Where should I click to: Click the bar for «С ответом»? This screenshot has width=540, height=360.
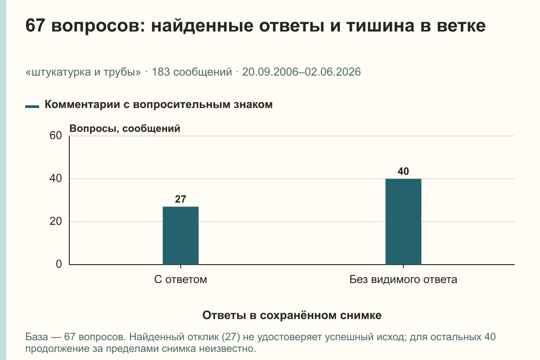(180, 236)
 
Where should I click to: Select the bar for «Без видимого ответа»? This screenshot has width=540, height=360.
(403, 221)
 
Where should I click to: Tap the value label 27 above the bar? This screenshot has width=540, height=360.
(180, 199)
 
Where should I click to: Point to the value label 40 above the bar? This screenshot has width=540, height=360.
(403, 171)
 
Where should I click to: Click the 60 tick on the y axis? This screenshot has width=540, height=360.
(56, 135)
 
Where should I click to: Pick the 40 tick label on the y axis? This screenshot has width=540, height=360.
(56, 179)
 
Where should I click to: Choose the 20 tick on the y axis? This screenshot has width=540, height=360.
(56, 221)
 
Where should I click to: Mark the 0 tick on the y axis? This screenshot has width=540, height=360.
(59, 264)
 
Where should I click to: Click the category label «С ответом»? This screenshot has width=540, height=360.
(180, 279)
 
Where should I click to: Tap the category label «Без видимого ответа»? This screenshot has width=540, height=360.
(403, 279)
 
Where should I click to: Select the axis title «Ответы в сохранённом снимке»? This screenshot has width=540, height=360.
(292, 315)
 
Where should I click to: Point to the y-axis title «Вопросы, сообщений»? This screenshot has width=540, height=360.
(125, 129)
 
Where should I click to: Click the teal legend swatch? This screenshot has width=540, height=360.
(32, 106)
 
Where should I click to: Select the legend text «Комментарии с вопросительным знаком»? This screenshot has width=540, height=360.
(158, 104)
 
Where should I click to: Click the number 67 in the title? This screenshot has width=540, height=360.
(35, 26)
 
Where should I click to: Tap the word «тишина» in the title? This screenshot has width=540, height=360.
(381, 26)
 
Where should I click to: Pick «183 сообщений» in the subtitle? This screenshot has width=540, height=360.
(192, 72)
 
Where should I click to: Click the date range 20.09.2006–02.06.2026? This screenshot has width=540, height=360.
(301, 72)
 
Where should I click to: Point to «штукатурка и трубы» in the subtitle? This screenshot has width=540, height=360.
(83, 72)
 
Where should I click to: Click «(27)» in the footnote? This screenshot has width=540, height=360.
(231, 337)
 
